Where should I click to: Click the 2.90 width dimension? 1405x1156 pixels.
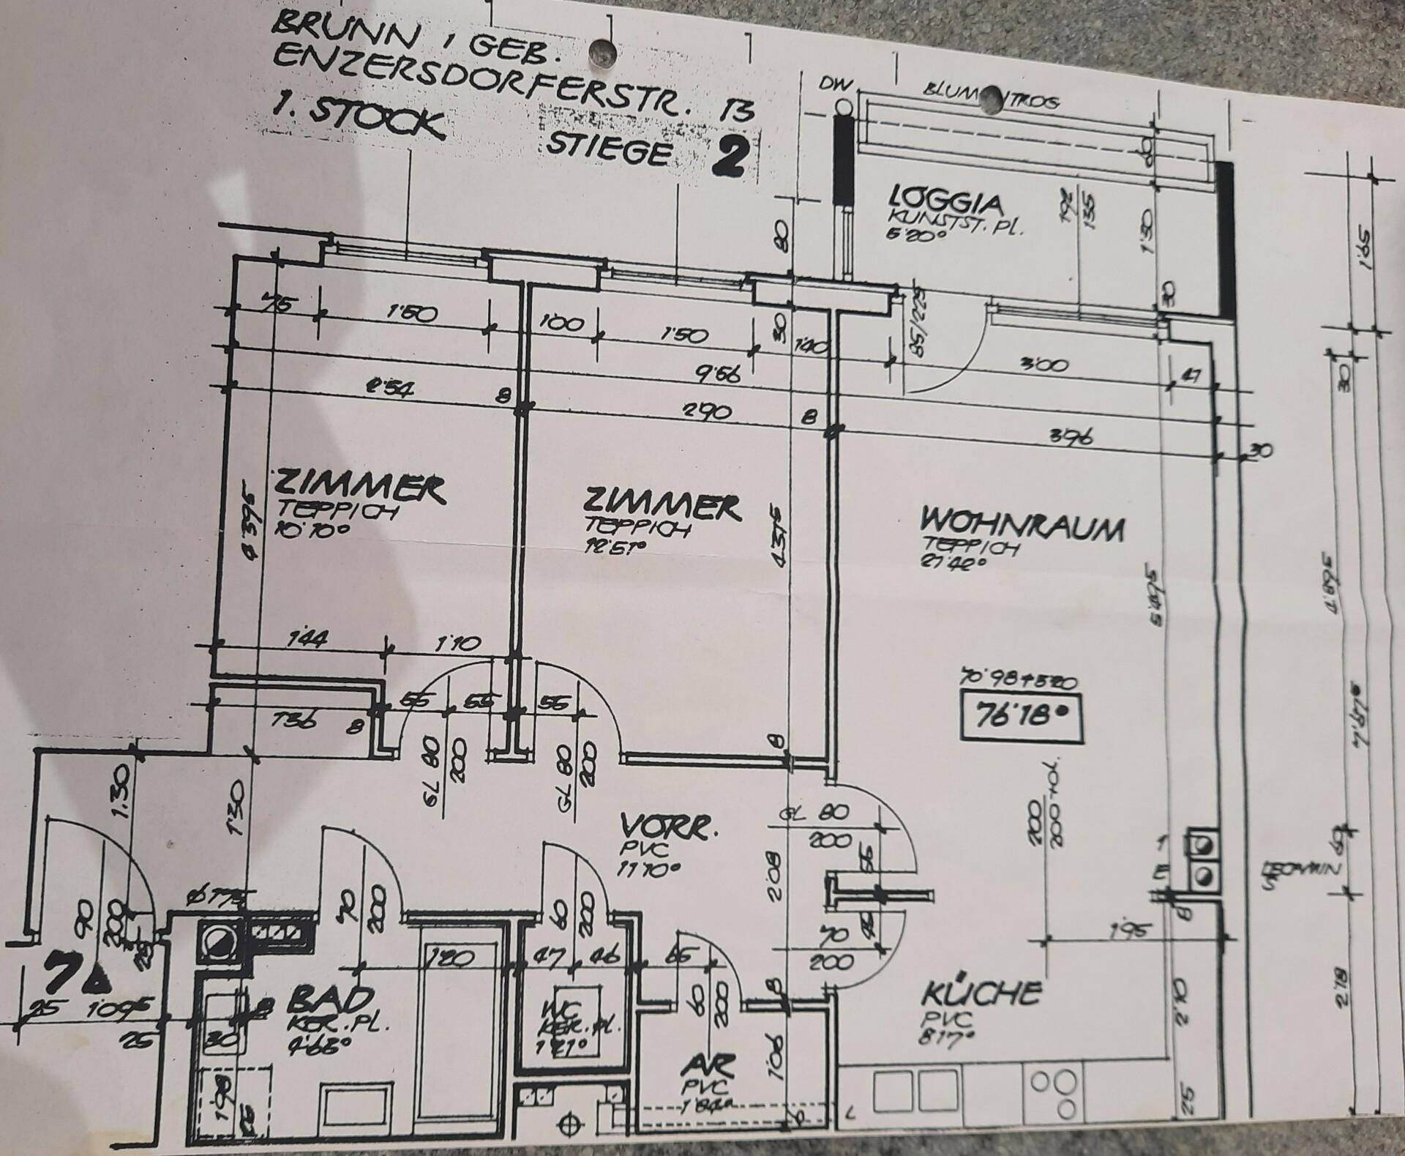pyautogui.click(x=706, y=411)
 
